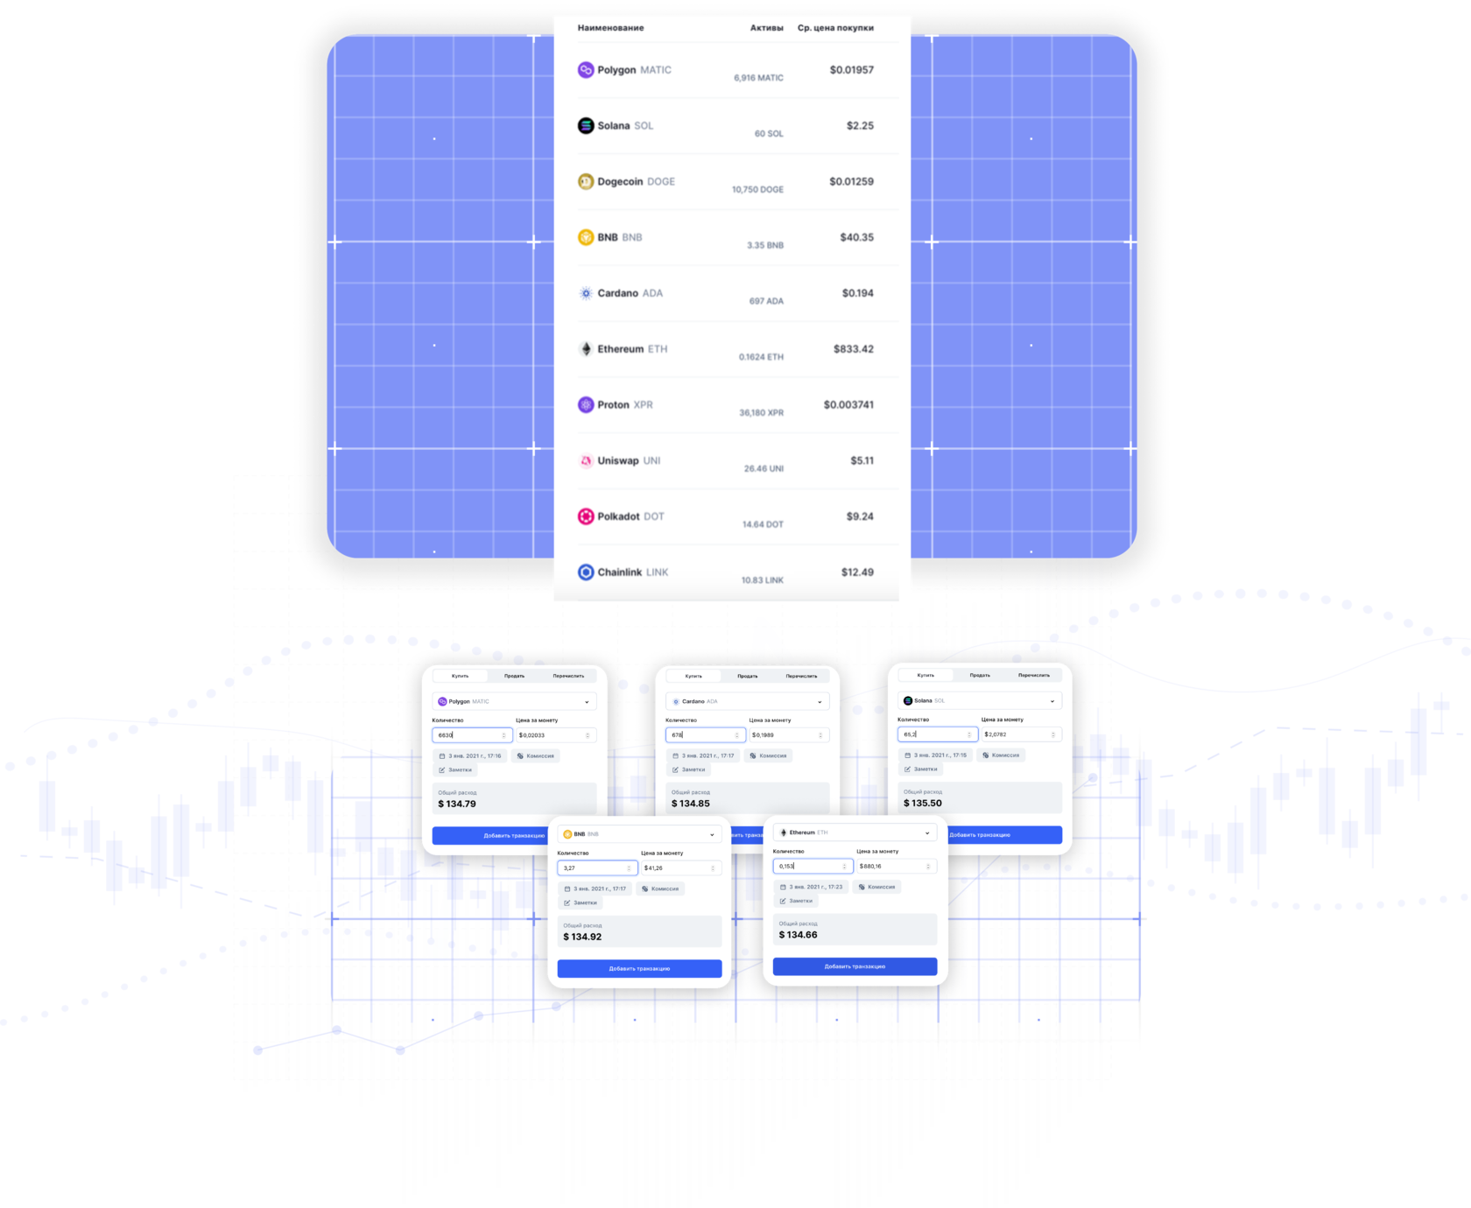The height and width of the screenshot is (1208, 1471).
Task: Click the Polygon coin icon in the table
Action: pyautogui.click(x=586, y=70)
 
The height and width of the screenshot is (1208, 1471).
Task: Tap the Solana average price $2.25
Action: pyautogui.click(x=859, y=126)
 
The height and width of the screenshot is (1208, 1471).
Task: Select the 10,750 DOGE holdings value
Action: pyautogui.click(x=757, y=190)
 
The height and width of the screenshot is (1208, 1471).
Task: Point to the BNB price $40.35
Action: pyautogui.click(x=856, y=237)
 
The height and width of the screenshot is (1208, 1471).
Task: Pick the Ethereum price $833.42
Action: pyautogui.click(x=853, y=349)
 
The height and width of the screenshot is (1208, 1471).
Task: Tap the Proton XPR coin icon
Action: pyautogui.click(x=586, y=404)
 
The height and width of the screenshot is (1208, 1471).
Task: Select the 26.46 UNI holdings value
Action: pyautogui.click(x=764, y=469)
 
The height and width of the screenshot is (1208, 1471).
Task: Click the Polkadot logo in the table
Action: pyautogui.click(x=586, y=516)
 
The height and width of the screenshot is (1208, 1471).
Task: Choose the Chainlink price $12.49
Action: pyautogui.click(x=857, y=572)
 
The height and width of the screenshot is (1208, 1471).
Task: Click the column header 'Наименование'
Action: pyautogui.click(x=610, y=28)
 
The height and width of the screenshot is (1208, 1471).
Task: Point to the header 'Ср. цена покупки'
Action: pyautogui.click(x=835, y=28)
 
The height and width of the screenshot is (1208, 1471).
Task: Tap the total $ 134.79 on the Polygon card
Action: pyautogui.click(x=457, y=804)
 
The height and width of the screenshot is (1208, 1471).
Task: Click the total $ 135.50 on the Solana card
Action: pyautogui.click(x=923, y=803)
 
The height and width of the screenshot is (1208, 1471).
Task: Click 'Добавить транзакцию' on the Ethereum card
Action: pyautogui.click(x=855, y=966)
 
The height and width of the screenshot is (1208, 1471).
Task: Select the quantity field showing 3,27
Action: pyautogui.click(x=595, y=868)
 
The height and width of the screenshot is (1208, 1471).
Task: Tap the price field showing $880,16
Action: pyautogui.click(x=895, y=867)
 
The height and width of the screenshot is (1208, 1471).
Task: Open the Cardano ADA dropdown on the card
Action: pyautogui.click(x=747, y=701)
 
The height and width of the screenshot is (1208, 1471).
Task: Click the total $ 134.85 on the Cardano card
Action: pyautogui.click(x=691, y=804)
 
